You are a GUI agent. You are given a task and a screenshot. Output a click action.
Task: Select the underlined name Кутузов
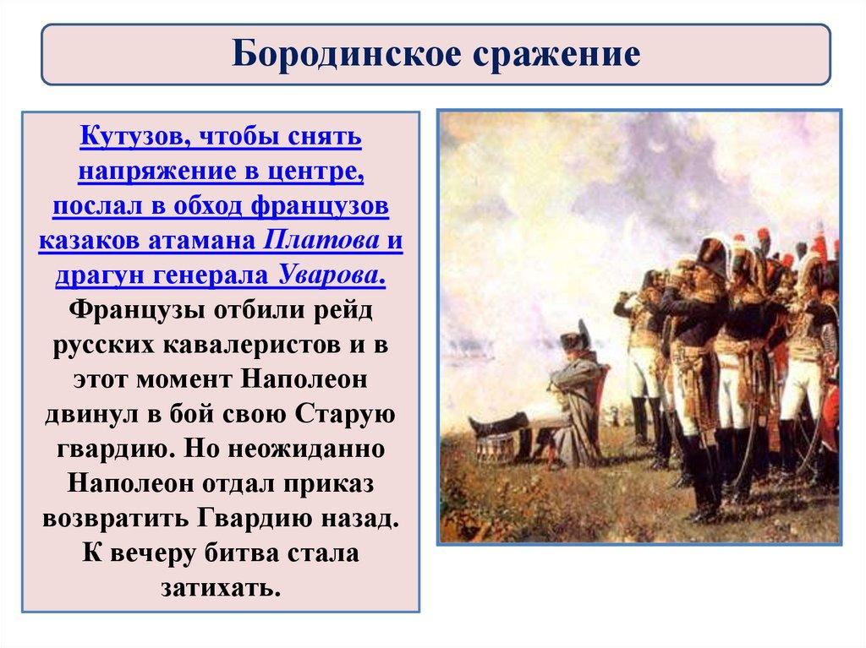tap(136, 136)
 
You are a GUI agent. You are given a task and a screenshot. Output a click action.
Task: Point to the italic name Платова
tap(321, 240)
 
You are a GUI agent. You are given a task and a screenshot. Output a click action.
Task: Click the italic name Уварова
tap(332, 275)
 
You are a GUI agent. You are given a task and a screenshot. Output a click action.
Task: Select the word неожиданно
tap(306, 449)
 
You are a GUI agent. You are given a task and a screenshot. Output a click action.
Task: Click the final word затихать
tap(221, 588)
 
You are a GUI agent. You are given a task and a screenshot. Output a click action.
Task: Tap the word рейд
tap(343, 311)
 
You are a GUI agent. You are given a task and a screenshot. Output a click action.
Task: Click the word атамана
tap(201, 240)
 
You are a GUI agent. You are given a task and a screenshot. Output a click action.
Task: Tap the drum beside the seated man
tap(497, 449)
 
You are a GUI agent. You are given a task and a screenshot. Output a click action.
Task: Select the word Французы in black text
tap(138, 311)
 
